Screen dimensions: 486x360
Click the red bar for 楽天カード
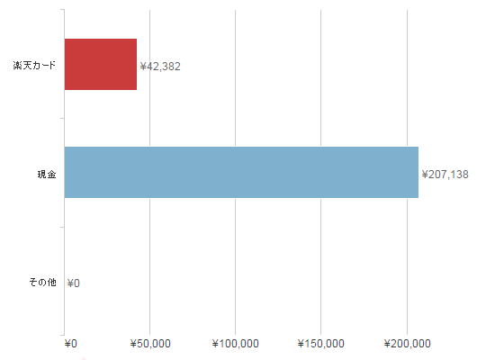click(x=101, y=65)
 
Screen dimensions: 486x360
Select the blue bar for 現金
click(x=241, y=173)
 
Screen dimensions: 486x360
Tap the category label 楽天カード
click(x=34, y=65)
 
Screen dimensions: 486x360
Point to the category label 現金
click(x=47, y=175)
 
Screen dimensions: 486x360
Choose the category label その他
click(x=43, y=283)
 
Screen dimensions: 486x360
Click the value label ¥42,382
click(x=160, y=67)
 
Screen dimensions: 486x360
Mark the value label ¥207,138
click(x=445, y=175)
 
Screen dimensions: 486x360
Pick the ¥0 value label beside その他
click(x=74, y=283)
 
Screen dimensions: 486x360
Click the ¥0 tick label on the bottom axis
click(x=71, y=344)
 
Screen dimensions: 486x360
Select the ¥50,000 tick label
click(x=150, y=344)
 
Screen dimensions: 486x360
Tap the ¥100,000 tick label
click(x=236, y=344)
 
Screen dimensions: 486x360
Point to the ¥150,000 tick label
click(x=321, y=344)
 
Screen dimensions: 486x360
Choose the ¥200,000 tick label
click(x=408, y=344)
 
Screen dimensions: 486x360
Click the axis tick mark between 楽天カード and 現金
click(x=62, y=118)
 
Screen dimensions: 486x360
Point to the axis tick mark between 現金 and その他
click(x=62, y=227)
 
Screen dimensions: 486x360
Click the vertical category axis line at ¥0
click(x=65, y=173)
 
